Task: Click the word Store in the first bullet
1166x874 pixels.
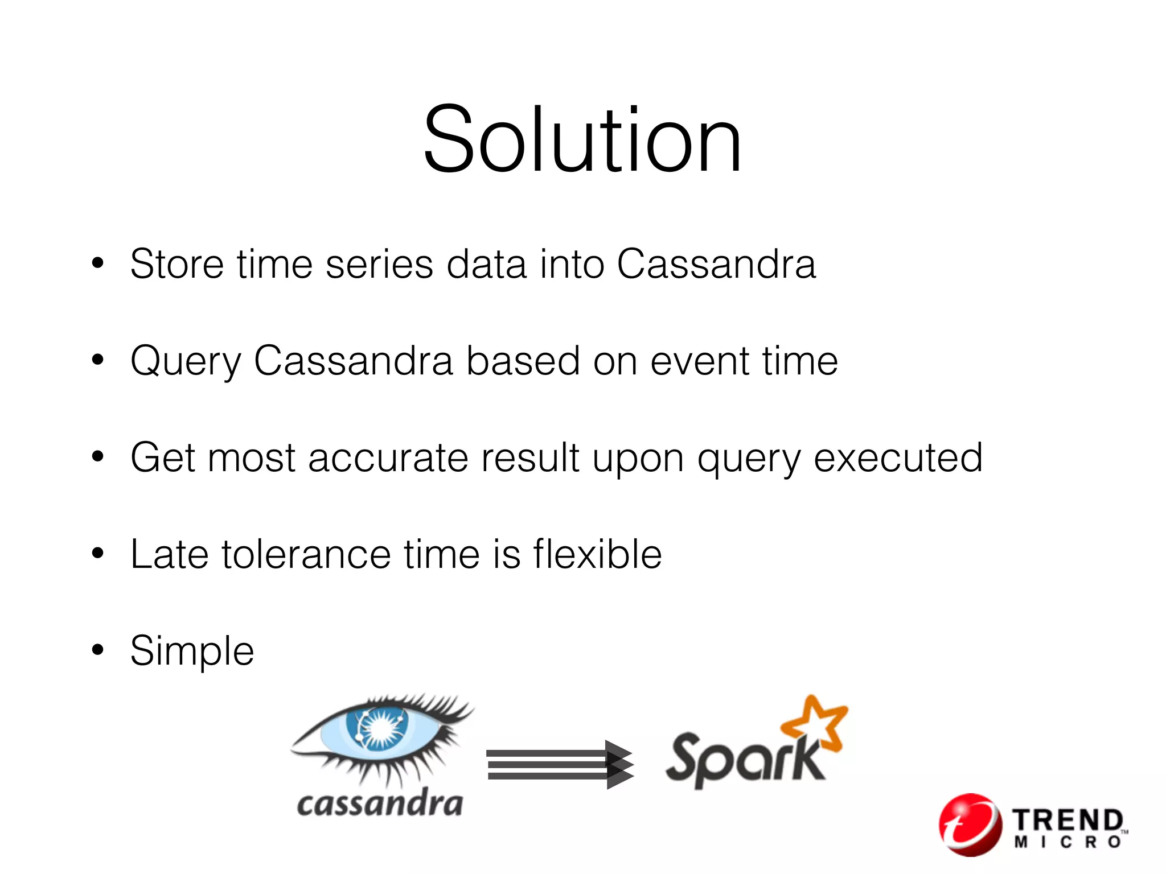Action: (x=177, y=264)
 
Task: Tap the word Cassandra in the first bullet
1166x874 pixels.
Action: (x=716, y=264)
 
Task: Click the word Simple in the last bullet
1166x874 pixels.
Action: (x=192, y=652)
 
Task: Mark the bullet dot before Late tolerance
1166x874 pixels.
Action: (x=98, y=553)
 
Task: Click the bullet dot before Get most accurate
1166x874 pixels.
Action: (x=98, y=456)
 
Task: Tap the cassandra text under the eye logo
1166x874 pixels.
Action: (x=380, y=804)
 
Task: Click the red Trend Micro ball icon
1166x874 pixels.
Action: (x=970, y=824)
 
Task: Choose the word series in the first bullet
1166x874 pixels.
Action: (x=379, y=264)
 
